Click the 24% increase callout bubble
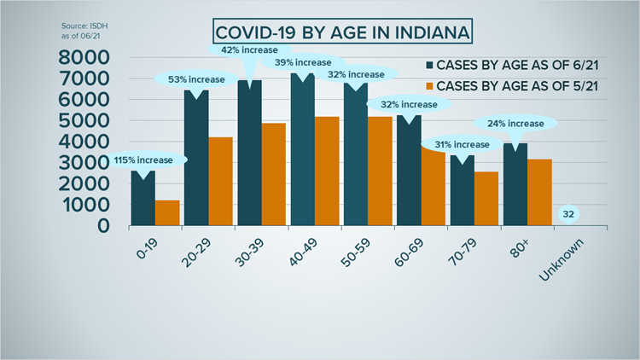tap(515, 122)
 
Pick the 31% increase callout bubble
tap(462, 143)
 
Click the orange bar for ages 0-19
tap(167, 212)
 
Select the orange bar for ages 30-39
tap(273, 175)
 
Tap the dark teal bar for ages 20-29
tap(196, 158)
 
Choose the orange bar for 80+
tap(538, 192)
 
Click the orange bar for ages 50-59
tap(379, 171)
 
